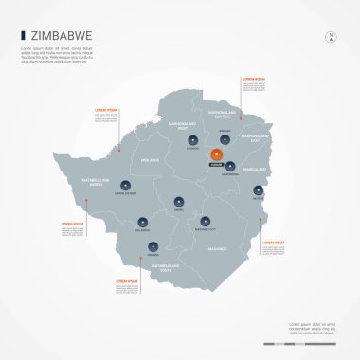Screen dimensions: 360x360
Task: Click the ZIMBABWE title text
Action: tap(60, 36)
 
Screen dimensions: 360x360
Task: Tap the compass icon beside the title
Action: tap(331, 37)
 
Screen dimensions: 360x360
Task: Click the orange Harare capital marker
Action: tap(217, 154)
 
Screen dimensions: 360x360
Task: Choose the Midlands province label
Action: tap(152, 161)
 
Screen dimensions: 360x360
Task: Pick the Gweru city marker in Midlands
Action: tap(179, 200)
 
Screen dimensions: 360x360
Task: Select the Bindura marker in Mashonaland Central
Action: tap(226, 138)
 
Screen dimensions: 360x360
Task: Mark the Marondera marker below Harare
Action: tap(230, 166)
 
